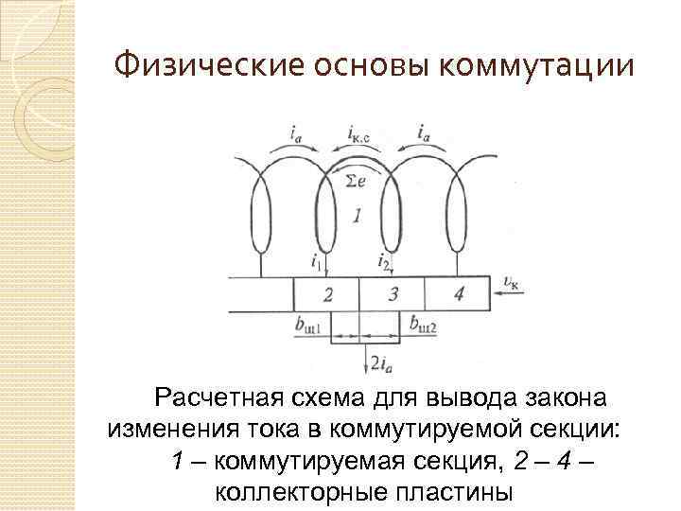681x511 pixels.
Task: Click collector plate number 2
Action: [326, 294]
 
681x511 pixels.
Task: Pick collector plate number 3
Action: [393, 294]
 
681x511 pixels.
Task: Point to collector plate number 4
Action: [458, 294]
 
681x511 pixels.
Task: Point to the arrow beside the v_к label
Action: [512, 296]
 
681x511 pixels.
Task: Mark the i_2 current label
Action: [383, 259]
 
